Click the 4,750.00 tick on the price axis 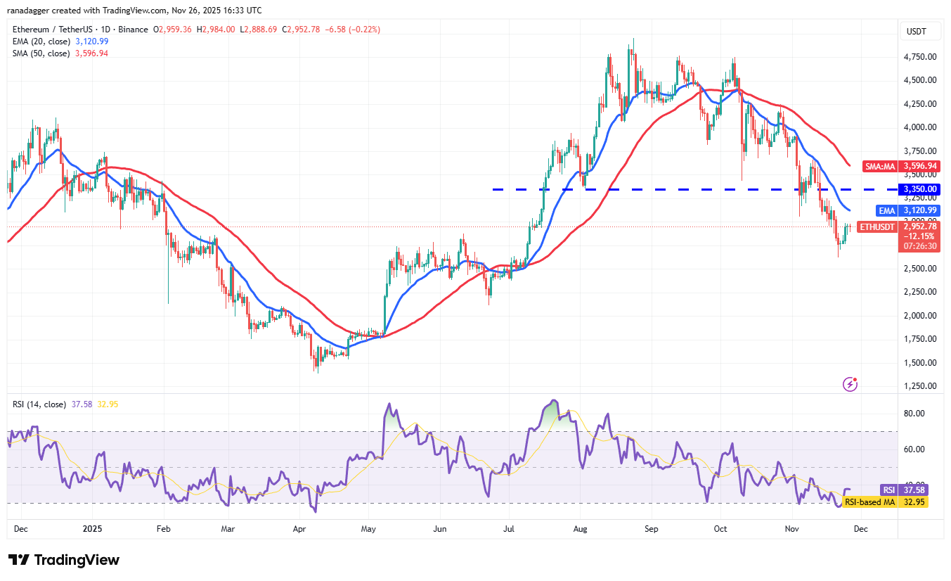(x=919, y=56)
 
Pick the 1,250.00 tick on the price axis (x=919, y=386)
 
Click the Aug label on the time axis (x=581, y=528)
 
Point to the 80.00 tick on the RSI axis (x=914, y=414)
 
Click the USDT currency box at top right (x=917, y=32)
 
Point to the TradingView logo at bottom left (x=64, y=560)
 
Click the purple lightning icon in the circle (x=850, y=384)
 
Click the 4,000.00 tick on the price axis (x=919, y=127)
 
